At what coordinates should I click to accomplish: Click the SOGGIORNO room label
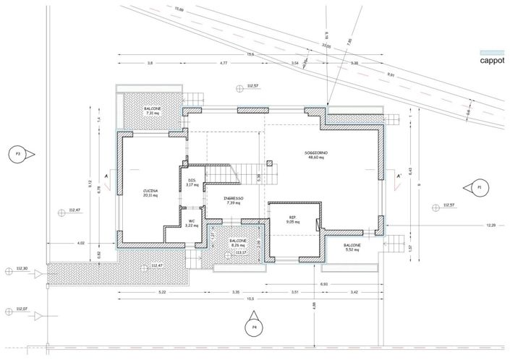click(317, 153)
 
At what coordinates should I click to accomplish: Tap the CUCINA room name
click(150, 190)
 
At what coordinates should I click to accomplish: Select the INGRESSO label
click(234, 198)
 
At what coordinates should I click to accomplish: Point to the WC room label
click(192, 221)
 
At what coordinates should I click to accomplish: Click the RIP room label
click(292, 217)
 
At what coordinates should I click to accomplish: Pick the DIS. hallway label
click(192, 180)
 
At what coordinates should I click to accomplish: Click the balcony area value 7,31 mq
click(153, 113)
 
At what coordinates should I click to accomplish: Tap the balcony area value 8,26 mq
click(239, 246)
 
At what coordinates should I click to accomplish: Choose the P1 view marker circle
click(478, 187)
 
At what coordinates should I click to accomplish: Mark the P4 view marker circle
click(254, 326)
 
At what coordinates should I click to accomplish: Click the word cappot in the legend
click(493, 61)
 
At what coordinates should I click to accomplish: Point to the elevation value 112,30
click(20, 269)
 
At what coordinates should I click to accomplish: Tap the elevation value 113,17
click(252, 252)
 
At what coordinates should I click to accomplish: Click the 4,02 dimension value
click(81, 243)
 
